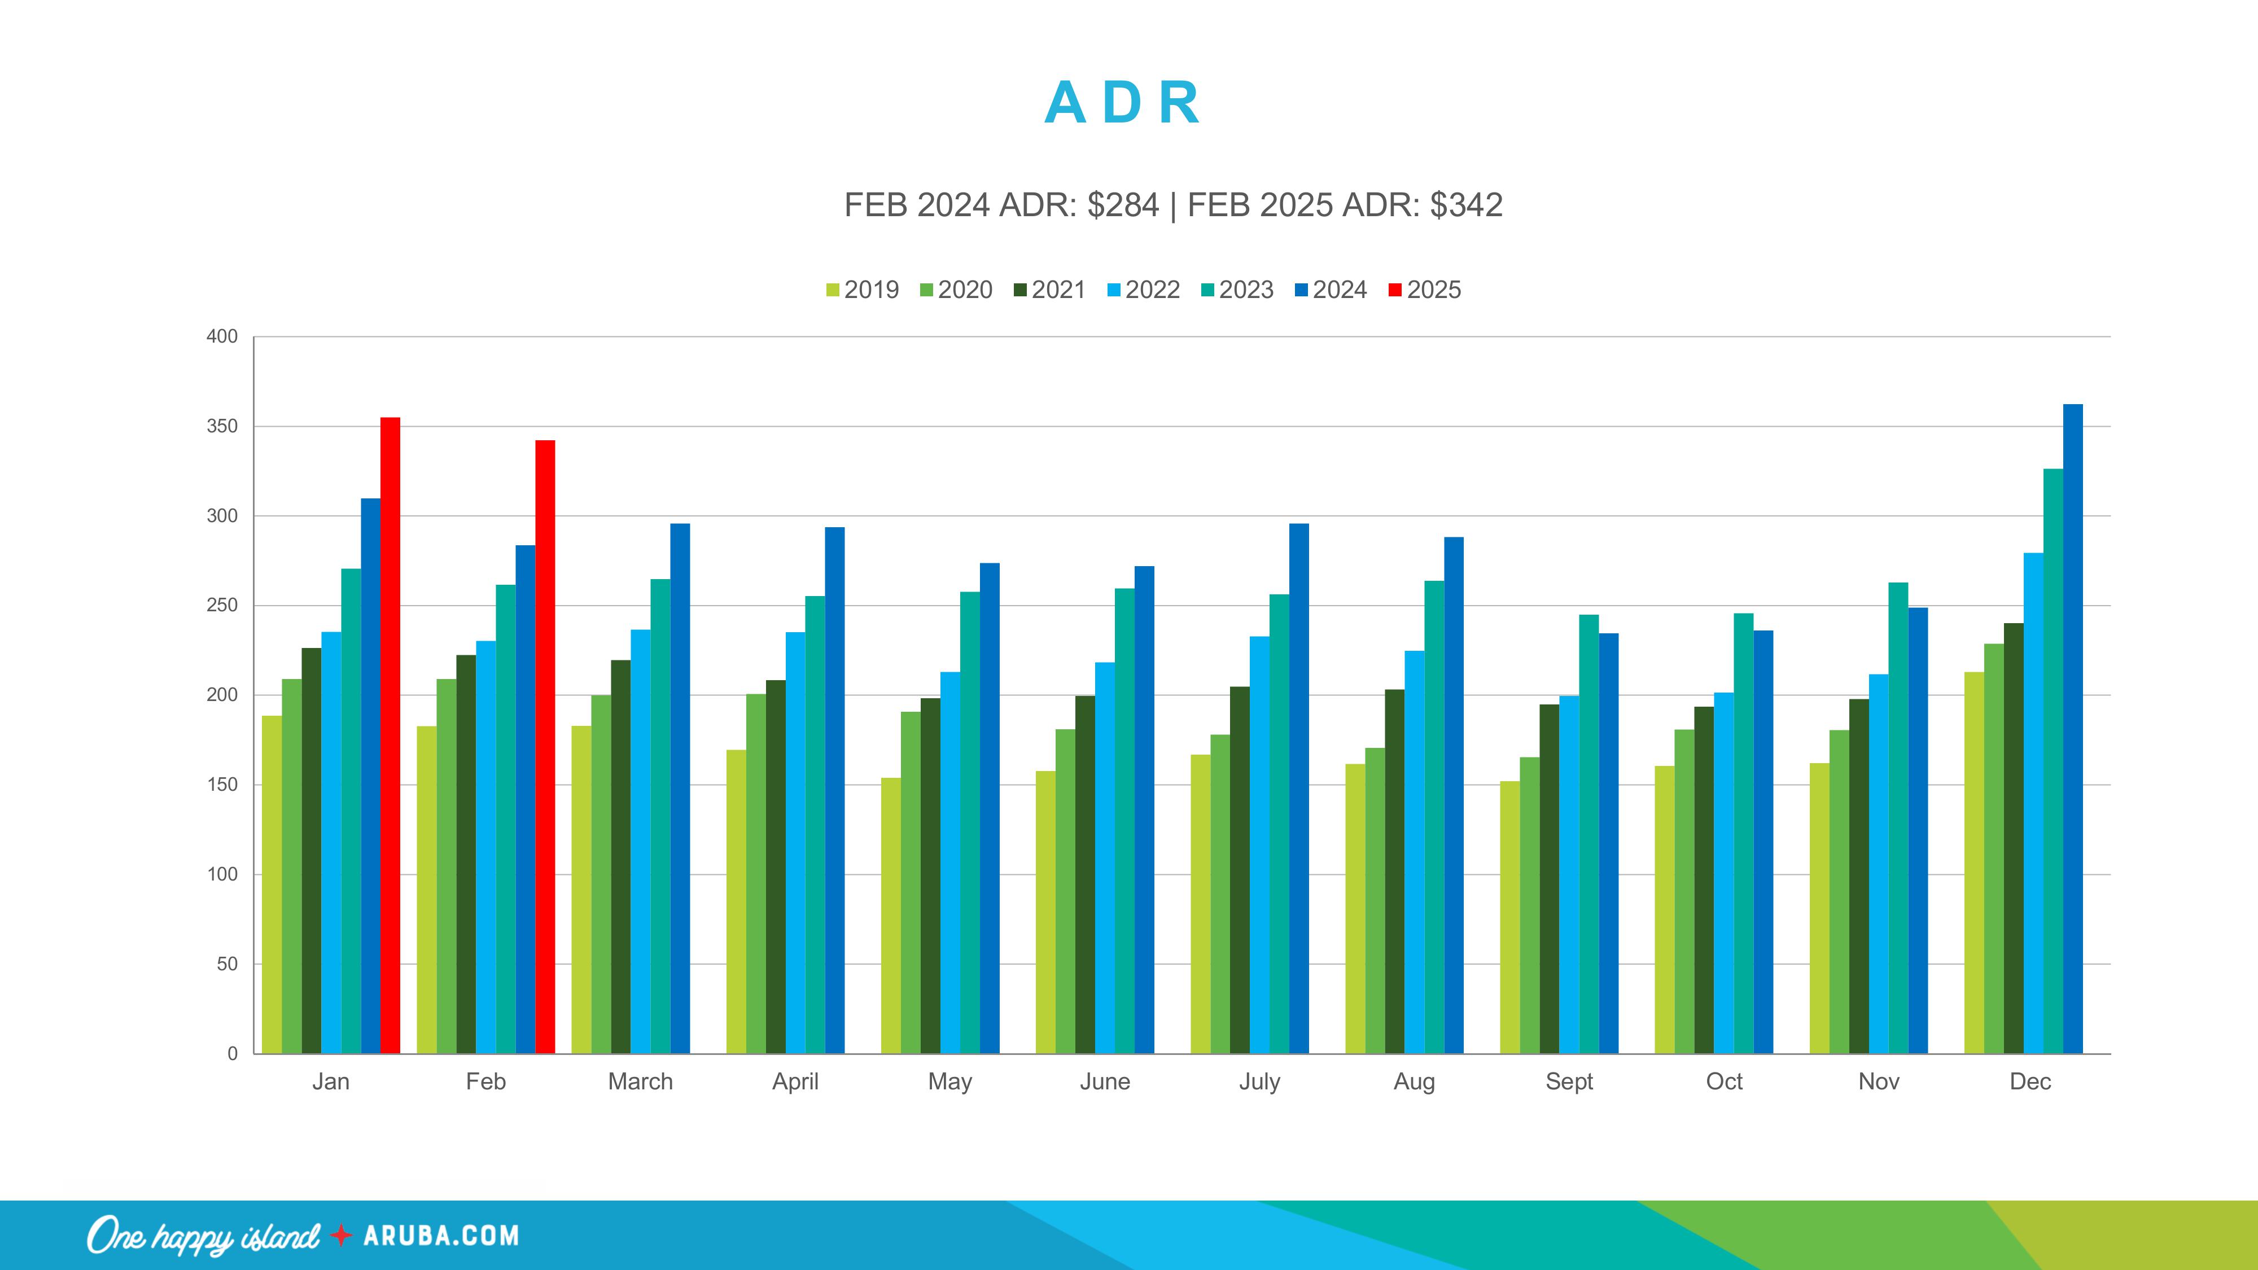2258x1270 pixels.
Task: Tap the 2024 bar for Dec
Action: click(x=2072, y=728)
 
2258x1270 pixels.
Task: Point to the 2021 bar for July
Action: click(x=1240, y=869)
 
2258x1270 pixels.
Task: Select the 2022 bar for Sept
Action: click(x=1569, y=874)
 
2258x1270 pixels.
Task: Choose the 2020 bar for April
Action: click(x=756, y=873)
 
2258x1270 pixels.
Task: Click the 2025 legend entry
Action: click(x=1425, y=290)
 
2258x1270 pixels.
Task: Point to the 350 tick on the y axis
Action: click(x=222, y=427)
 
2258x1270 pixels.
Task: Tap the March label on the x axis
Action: click(x=640, y=1081)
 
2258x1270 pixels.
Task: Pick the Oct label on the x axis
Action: click(x=1723, y=1081)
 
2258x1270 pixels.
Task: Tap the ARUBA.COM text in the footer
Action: click(x=441, y=1236)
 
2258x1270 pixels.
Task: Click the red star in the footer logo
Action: click(x=341, y=1236)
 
